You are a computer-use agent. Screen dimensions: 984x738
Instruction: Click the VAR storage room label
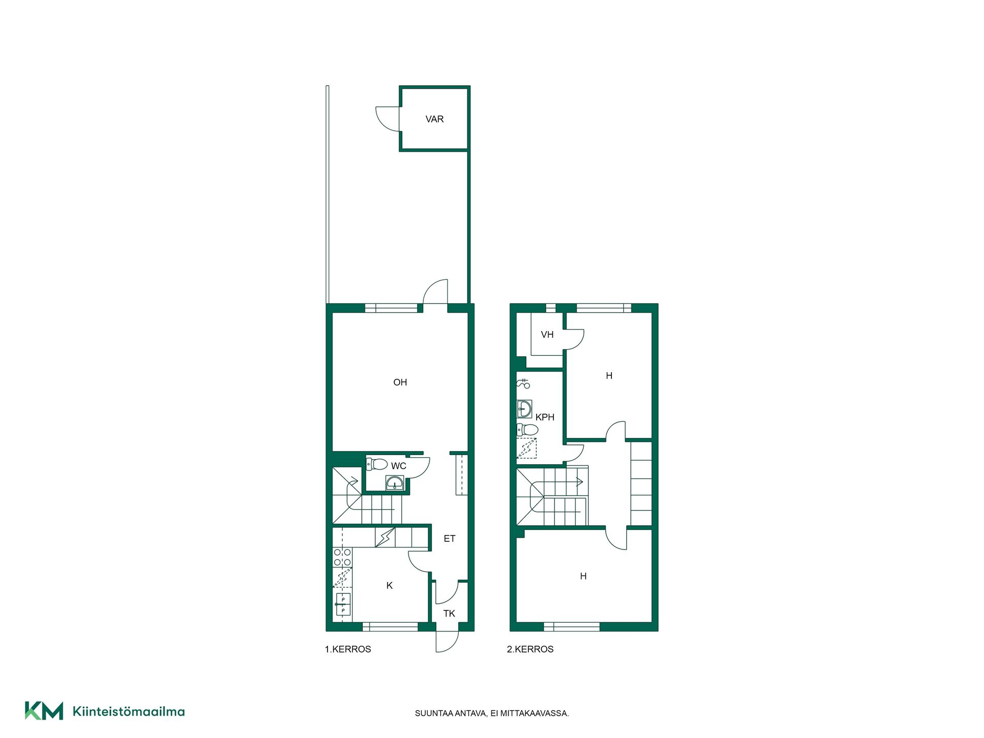point(435,119)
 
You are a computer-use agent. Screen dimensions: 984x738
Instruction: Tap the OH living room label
point(400,382)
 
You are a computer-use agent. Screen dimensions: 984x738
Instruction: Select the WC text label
point(399,466)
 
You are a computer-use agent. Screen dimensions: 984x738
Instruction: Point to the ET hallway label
point(449,539)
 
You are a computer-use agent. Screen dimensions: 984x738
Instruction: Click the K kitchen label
point(389,585)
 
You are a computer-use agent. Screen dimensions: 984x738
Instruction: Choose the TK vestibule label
point(449,613)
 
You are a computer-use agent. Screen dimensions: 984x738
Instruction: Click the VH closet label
point(547,335)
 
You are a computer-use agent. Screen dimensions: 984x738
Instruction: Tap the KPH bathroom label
point(545,417)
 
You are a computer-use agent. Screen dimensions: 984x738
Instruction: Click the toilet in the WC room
point(377,464)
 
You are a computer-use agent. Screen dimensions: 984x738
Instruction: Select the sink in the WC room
point(395,483)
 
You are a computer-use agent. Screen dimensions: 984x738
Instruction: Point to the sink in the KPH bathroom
point(524,409)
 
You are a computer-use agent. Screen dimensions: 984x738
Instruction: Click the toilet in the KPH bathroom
point(527,429)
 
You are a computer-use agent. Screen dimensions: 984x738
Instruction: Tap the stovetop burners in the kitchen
point(342,557)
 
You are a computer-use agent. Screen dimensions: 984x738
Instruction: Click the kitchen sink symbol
point(343,604)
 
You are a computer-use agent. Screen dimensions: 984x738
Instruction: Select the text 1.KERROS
point(348,649)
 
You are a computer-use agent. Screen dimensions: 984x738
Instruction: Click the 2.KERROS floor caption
point(530,649)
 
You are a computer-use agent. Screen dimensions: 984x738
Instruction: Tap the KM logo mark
point(44,711)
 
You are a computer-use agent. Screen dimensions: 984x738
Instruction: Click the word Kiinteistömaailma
point(129,711)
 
